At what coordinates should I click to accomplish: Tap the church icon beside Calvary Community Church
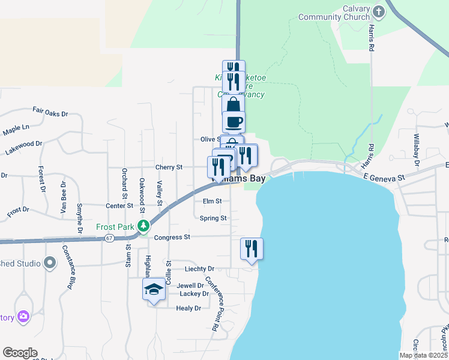point(378,11)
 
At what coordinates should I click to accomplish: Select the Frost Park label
point(115,227)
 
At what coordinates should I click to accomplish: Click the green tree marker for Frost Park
point(143,226)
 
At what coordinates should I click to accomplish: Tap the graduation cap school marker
point(154,289)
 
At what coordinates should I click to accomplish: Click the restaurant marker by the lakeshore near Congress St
point(251,248)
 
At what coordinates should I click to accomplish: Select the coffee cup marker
point(234,121)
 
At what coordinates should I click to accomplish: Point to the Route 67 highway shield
point(109,238)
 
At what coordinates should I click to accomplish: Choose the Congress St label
point(172,238)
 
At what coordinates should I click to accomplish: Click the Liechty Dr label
point(200,269)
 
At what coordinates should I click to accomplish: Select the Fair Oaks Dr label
point(50,112)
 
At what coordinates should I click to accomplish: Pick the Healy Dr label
point(188,308)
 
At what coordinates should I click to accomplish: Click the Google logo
point(20,353)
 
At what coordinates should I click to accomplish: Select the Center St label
point(119,206)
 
